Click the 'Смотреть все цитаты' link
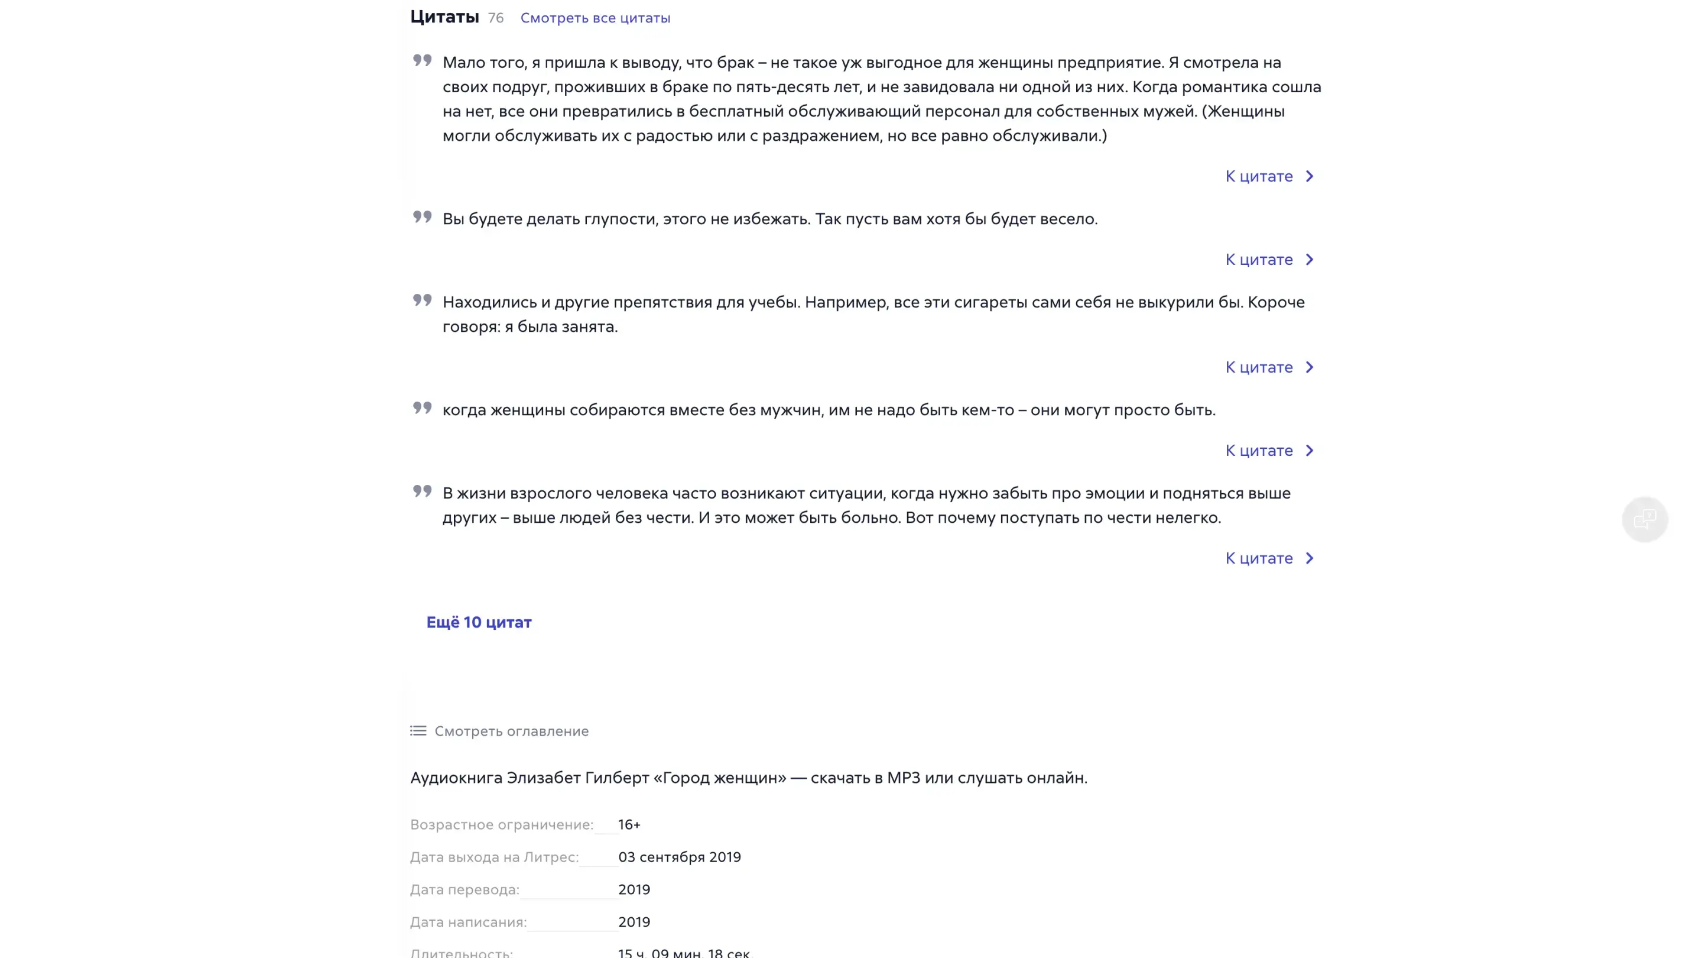[595, 18]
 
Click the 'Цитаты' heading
[444, 17]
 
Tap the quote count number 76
[496, 18]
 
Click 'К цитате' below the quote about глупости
[1269, 260]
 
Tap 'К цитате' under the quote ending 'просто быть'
[1269, 451]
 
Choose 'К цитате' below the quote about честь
[1269, 559]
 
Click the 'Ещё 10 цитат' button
[478, 622]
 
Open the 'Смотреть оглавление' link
[511, 732]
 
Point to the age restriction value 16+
[629, 824]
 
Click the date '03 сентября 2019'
[679, 857]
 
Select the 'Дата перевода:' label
[465, 890]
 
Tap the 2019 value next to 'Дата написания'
[634, 923]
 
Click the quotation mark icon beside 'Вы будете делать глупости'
[422, 217]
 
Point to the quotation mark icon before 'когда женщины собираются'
[422, 408]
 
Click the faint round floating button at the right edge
[1645, 519]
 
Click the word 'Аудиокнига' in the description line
[455, 778]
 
